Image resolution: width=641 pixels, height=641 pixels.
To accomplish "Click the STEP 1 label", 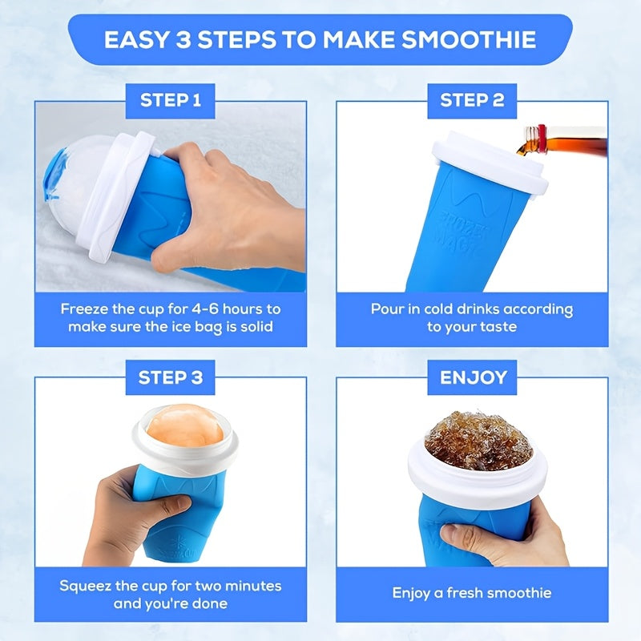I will (170, 101).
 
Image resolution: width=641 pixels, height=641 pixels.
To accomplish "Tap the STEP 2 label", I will (471, 101).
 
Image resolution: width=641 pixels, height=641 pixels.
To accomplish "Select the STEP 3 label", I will (170, 377).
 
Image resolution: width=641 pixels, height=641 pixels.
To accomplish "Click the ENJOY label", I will (473, 377).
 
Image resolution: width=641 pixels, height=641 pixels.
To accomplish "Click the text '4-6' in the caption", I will (194, 309).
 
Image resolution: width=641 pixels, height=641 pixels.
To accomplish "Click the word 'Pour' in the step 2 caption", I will (387, 309).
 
